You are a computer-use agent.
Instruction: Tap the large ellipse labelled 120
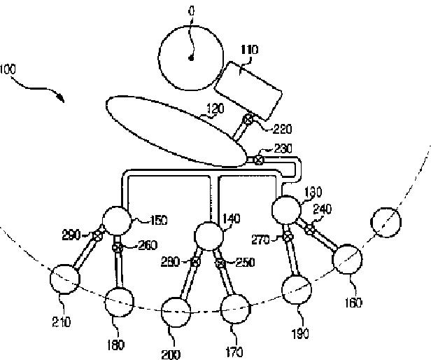[173, 132]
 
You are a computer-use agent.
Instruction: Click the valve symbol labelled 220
[248, 120]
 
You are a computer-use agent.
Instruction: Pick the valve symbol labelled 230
[258, 160]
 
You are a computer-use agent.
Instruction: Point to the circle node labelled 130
[285, 209]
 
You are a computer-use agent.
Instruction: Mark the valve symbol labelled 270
[288, 238]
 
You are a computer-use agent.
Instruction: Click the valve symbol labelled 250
[220, 263]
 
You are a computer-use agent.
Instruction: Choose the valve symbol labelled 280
[196, 262]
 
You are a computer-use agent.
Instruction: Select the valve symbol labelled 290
[98, 235]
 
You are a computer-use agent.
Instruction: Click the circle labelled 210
[66, 281]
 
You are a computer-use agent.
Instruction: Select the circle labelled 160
[347, 261]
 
